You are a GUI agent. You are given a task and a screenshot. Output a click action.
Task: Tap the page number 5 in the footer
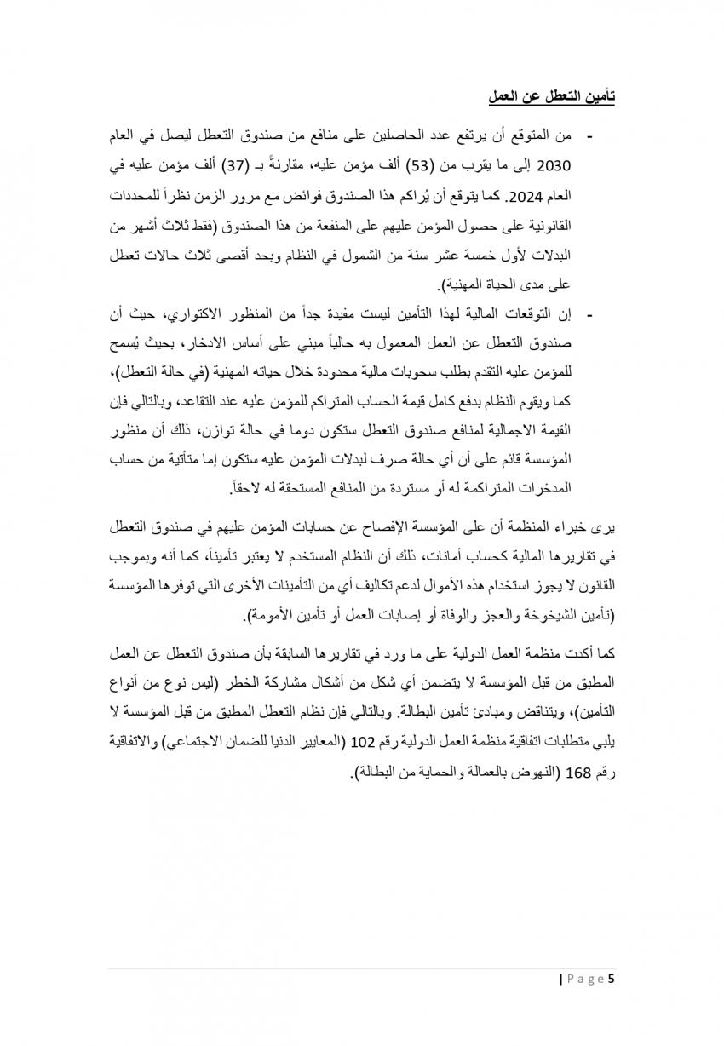[611, 979]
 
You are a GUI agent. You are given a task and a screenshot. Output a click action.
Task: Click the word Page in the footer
[585, 979]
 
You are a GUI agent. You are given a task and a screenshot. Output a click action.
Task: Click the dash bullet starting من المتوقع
[590, 137]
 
